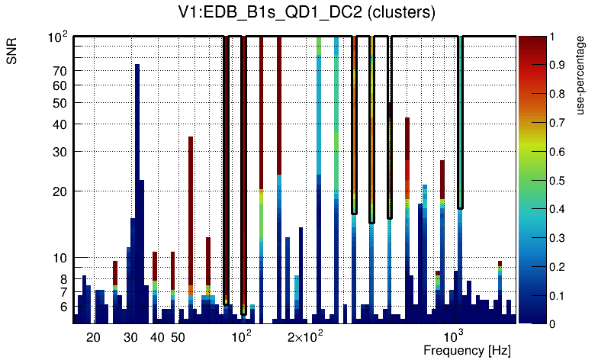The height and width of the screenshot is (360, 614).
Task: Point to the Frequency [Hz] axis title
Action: click(467, 350)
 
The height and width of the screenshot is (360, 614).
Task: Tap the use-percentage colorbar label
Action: click(580, 76)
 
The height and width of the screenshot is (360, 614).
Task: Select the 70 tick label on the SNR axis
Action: click(60, 71)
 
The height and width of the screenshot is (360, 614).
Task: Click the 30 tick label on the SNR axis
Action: click(60, 151)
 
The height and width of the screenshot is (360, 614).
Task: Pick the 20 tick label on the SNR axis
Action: click(60, 191)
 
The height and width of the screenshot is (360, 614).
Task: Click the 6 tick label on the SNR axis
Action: click(64, 307)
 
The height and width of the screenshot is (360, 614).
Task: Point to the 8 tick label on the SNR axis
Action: click(64, 279)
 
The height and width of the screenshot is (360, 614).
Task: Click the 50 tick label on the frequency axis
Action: click(178, 337)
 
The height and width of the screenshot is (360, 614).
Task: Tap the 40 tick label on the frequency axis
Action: click(157, 337)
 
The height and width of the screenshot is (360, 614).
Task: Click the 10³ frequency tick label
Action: click(454, 336)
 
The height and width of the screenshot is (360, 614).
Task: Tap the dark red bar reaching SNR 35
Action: click(191, 214)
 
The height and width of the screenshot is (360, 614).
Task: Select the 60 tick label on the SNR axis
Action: click(60, 85)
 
